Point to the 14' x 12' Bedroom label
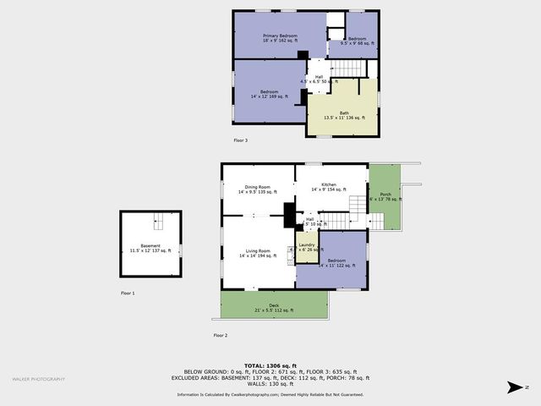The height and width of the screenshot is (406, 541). click(x=269, y=94)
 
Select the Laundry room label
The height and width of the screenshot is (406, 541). click(x=306, y=247)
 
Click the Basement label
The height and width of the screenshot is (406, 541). click(x=150, y=248)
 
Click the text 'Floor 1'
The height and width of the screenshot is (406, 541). click(x=128, y=293)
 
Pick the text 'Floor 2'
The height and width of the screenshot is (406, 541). click(x=220, y=336)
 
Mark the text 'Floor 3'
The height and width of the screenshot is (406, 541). click(x=241, y=140)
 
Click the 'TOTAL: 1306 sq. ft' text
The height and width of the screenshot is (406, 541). click(x=270, y=365)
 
